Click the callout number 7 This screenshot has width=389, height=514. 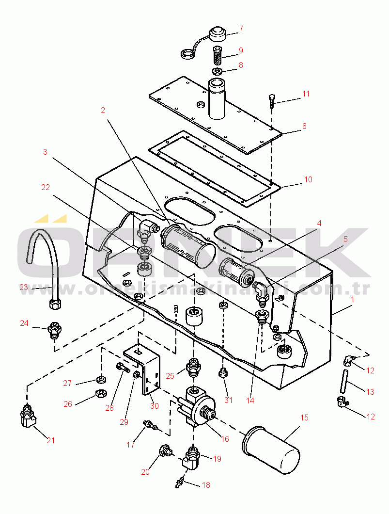click(241, 29)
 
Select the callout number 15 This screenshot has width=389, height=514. click(304, 418)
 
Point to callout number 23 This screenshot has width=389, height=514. click(24, 288)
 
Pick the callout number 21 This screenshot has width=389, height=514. click(50, 440)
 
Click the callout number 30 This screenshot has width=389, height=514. click(154, 405)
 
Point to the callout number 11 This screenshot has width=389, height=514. click(306, 94)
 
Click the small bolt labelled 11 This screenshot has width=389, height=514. click(272, 100)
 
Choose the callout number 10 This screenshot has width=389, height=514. click(308, 179)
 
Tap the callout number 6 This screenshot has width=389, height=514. click(304, 126)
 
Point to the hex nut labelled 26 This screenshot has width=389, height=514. click(100, 394)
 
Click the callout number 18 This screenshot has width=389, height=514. click(206, 485)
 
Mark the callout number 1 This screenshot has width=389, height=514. click(352, 300)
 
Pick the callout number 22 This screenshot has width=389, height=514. click(46, 187)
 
